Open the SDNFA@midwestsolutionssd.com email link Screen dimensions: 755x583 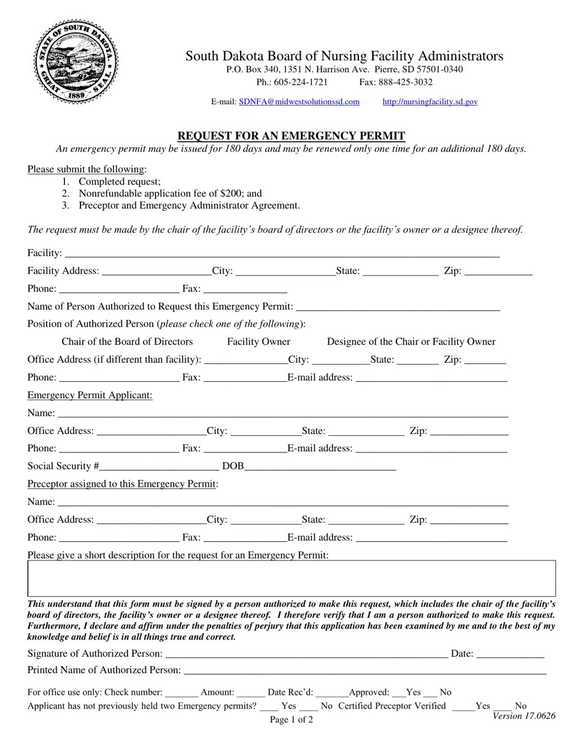coord(299,102)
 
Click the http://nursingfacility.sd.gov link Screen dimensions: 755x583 coord(430,102)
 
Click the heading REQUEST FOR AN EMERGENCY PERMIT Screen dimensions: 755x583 coord(291,136)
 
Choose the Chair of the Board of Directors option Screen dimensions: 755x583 coord(127,342)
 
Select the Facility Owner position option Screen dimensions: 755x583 coord(258,342)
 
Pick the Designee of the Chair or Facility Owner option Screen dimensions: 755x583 coord(411,342)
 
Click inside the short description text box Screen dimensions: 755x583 coord(291,578)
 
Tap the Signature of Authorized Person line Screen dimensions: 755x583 coord(306,654)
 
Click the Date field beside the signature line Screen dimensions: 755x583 coord(509,654)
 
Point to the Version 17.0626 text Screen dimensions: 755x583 coord(523,716)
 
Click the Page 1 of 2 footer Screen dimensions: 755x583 coord(291,719)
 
